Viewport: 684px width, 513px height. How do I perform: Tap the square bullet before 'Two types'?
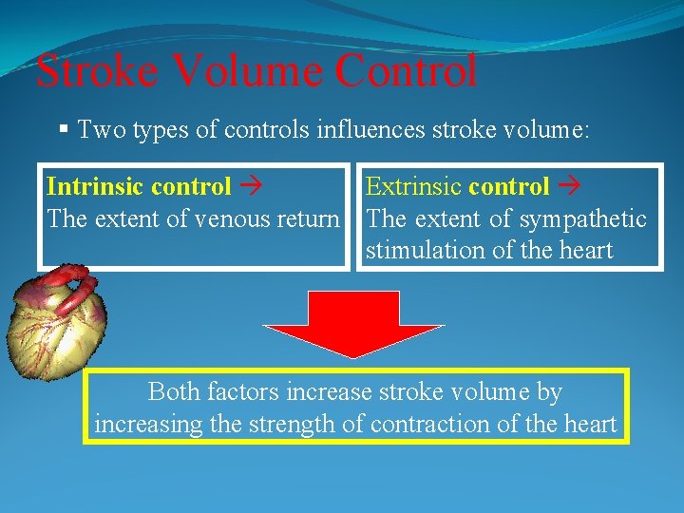coord(63,130)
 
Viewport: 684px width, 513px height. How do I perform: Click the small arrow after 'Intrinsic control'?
coord(250,187)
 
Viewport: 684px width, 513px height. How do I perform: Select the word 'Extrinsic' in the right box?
coord(414,187)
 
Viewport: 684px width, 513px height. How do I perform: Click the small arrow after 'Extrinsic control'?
coord(569,187)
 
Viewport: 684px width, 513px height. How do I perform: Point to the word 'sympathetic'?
coord(582,219)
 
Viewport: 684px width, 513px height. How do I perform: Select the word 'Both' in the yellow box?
coord(174,391)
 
